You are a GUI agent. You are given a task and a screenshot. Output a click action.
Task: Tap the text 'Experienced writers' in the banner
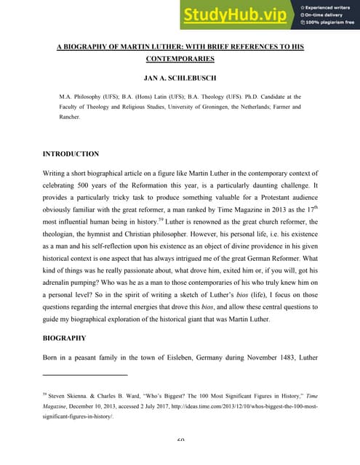click(x=328, y=4)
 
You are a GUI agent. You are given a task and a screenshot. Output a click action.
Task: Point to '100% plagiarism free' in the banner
click(x=329, y=24)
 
